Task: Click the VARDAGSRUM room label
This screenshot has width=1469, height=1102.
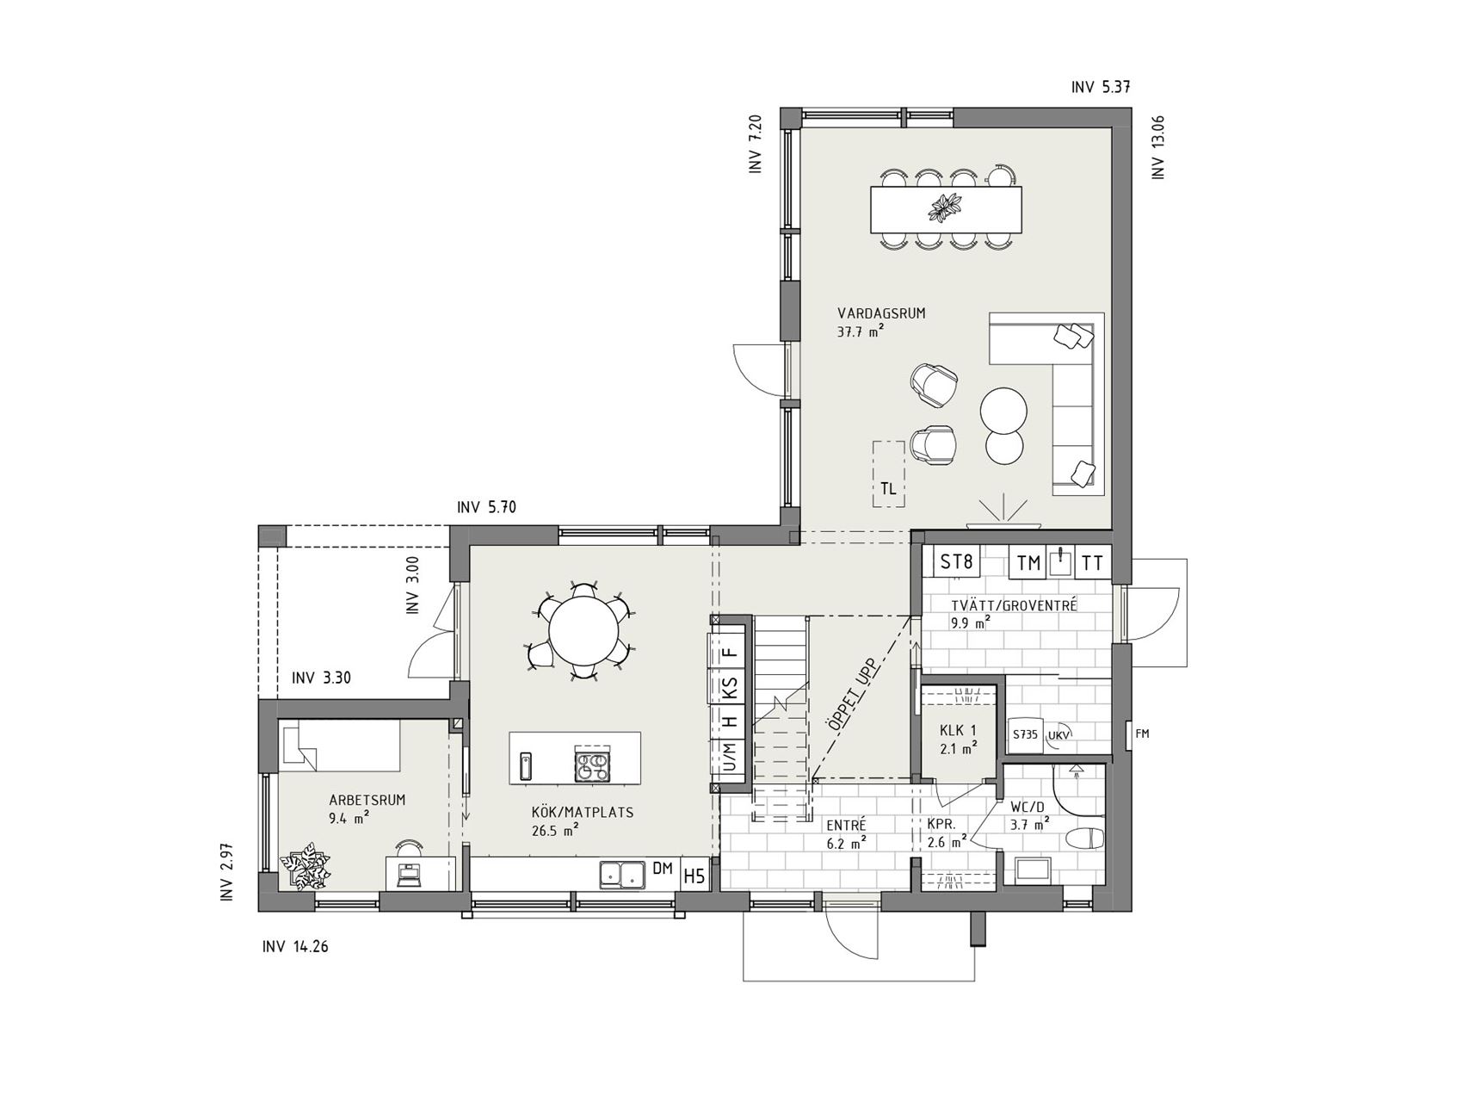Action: pyautogui.click(x=880, y=313)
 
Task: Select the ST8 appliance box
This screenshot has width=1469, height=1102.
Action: pyautogui.click(x=957, y=563)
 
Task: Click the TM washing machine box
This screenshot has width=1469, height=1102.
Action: pyautogui.click(x=1028, y=564)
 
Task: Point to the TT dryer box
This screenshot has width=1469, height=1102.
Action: pyautogui.click(x=1092, y=564)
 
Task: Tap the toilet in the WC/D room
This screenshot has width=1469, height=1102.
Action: pyautogui.click(x=1084, y=838)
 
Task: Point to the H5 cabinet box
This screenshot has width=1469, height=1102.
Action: pyautogui.click(x=694, y=876)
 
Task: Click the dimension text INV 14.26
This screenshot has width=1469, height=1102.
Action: pyautogui.click(x=295, y=947)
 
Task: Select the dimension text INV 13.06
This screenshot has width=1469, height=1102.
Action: pyautogui.click(x=1158, y=147)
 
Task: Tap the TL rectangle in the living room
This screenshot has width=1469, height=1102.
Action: pyautogui.click(x=888, y=474)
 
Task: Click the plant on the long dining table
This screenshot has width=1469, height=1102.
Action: pyautogui.click(x=946, y=207)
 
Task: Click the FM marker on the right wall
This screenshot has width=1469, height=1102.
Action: pyautogui.click(x=1143, y=734)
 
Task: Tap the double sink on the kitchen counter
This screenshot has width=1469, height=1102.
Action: pyautogui.click(x=623, y=875)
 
